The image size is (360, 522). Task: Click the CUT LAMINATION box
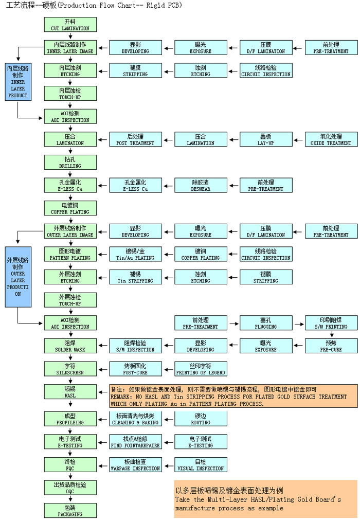pos(70,25)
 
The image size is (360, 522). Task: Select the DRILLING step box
pos(70,163)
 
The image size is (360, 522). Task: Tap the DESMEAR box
pos(201,186)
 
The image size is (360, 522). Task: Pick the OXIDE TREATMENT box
pos(332,139)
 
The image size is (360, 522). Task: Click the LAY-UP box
pos(265,139)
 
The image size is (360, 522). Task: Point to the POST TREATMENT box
pos(135,139)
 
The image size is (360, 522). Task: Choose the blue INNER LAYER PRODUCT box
pos(17,81)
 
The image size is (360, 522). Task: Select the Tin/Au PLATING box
pos(135,255)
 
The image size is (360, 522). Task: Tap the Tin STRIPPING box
pos(135,277)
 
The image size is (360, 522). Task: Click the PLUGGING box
pos(265,323)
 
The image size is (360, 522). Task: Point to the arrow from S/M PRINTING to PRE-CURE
pos(332,334)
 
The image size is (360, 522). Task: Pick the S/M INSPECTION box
pos(135,346)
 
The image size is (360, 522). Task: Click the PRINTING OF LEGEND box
pos(201,369)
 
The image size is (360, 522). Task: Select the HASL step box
pos(70,392)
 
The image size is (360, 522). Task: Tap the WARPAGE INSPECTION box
pos(135,465)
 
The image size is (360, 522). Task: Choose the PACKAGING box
pos(70,510)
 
